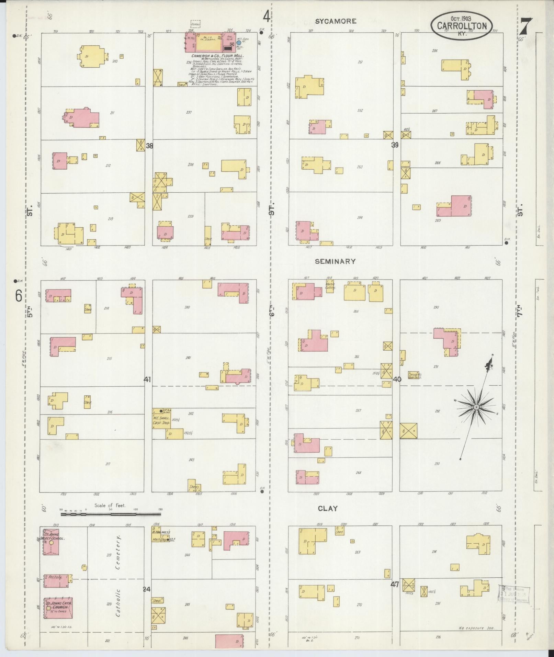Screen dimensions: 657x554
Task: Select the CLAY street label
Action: [327, 508]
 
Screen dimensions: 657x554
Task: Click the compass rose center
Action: [476, 407]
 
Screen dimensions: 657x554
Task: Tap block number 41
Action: [147, 380]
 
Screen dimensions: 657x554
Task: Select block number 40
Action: [397, 380]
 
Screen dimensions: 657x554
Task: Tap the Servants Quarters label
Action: [415, 375]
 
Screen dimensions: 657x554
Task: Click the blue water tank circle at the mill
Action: [239, 43]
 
